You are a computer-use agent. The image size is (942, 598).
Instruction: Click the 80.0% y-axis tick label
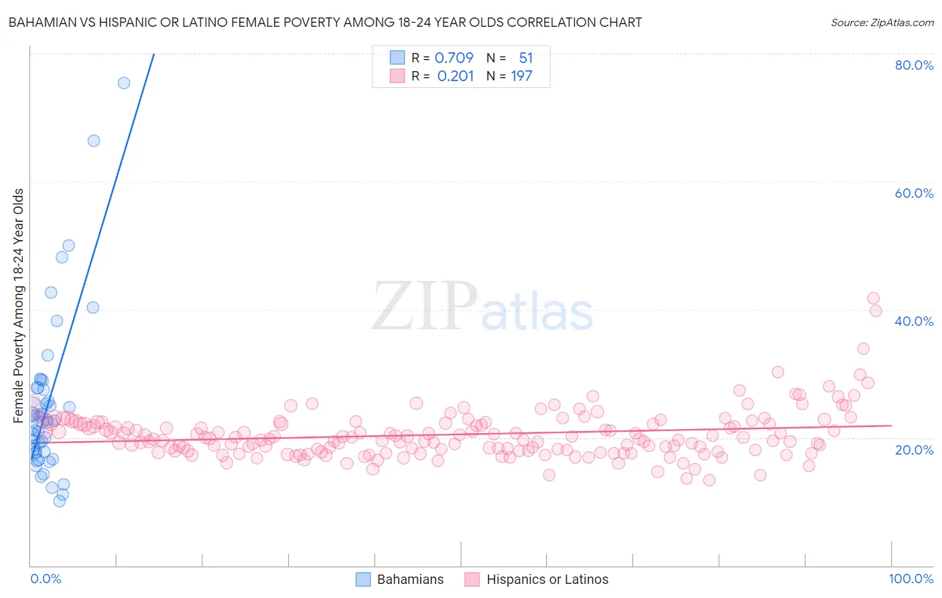tap(914, 65)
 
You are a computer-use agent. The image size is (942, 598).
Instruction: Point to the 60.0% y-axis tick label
tap(914, 193)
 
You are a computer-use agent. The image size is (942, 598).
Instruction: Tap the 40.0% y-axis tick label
tap(914, 321)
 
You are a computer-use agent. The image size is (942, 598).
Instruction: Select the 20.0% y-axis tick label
tap(914, 449)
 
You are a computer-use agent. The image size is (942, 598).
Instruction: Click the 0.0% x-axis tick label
tap(46, 579)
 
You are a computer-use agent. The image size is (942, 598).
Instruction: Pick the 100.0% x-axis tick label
tap(911, 579)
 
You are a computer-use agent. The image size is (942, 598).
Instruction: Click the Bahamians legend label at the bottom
tap(410, 579)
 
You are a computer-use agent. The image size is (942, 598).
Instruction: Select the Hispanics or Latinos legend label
tap(547, 579)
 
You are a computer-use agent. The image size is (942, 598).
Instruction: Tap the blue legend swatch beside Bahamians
tap(363, 579)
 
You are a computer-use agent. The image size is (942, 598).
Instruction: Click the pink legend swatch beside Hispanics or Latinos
tap(472, 579)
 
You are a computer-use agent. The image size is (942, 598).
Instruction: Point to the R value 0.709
tap(454, 58)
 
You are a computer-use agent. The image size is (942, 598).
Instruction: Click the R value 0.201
tap(456, 76)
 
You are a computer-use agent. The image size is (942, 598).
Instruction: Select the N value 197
tap(521, 76)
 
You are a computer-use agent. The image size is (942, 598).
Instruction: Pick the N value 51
tap(525, 58)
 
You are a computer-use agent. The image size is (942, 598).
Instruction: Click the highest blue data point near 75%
tap(124, 83)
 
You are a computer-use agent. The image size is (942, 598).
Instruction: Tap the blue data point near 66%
tap(94, 141)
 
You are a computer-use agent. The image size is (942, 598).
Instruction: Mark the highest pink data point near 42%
tap(873, 298)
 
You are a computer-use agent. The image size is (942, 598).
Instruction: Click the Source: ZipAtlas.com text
tap(882, 22)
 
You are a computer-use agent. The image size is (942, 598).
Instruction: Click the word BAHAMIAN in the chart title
tap(41, 22)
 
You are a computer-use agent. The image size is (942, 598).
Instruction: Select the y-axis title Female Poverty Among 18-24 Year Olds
tap(19, 305)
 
